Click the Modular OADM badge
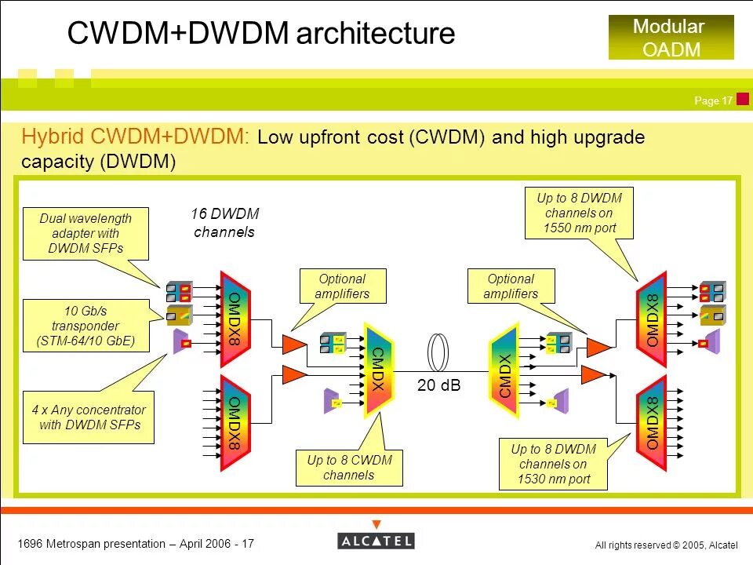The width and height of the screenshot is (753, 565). coord(671,38)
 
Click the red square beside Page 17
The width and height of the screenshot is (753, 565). coord(743,99)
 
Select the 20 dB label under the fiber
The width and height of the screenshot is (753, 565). coord(438,385)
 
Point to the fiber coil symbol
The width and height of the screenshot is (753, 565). coord(438,352)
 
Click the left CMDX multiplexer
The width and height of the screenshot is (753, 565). coord(379,369)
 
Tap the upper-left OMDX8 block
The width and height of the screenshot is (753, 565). coord(235,319)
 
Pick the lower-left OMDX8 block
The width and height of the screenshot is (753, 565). coord(235,423)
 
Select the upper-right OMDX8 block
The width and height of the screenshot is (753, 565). coord(652,319)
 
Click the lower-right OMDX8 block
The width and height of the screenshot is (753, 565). coord(652,423)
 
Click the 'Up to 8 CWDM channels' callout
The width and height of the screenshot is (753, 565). coord(349,468)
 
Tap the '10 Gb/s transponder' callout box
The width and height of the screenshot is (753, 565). coord(86,326)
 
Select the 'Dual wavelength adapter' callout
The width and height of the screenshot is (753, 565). coord(86,234)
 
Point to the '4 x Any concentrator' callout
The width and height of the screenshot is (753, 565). coord(89,417)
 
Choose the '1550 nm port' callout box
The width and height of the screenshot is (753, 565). coord(579,213)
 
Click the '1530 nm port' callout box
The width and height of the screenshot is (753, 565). coord(553,464)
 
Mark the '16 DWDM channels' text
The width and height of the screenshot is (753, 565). coord(225,222)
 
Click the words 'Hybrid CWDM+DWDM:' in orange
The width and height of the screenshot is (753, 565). coord(135,137)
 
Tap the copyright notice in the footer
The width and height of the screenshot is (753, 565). coord(666,545)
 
